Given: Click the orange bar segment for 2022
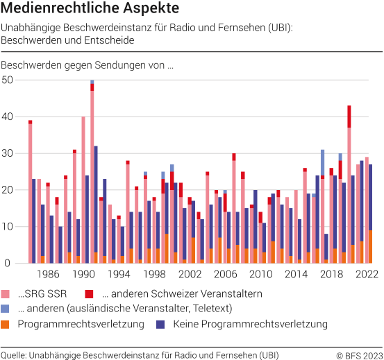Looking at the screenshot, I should [x=370, y=247].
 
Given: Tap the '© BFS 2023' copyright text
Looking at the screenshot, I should [x=358, y=354].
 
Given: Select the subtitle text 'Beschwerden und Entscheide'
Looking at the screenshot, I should [x=67, y=40].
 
